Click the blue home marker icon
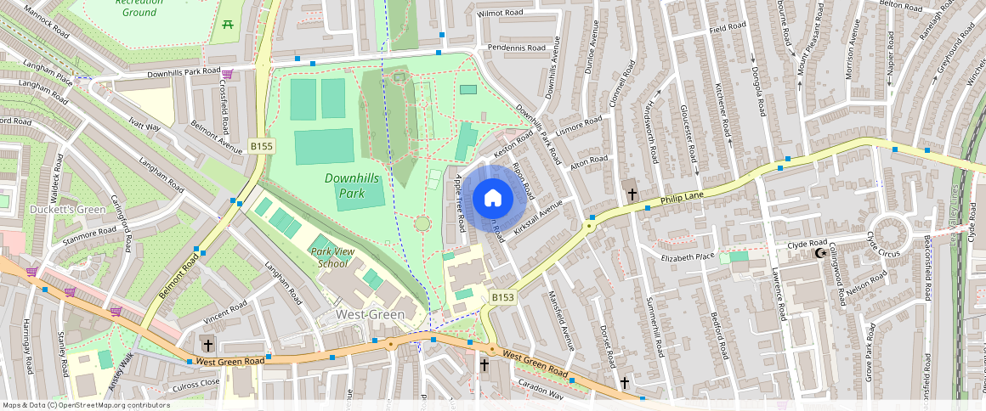(492, 199)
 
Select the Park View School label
(332, 257)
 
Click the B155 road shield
(262, 147)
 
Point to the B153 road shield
(502, 297)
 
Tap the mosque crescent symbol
(820, 253)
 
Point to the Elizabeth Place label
(688, 256)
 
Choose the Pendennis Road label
(511, 48)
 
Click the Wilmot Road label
(500, 14)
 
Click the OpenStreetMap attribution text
(86, 405)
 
